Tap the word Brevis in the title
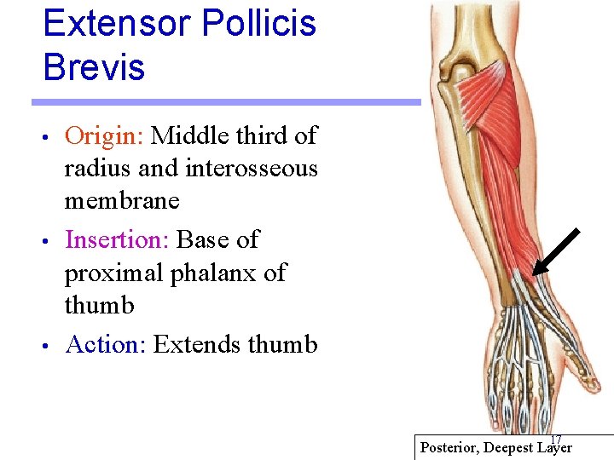94,67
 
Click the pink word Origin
104,135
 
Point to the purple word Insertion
117,240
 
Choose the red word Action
106,345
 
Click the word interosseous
250,169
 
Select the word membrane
122,202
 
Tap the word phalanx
217,273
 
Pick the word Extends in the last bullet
197,345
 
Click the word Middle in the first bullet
188,135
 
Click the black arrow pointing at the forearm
556,252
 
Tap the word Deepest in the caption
510,447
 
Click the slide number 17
556,439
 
